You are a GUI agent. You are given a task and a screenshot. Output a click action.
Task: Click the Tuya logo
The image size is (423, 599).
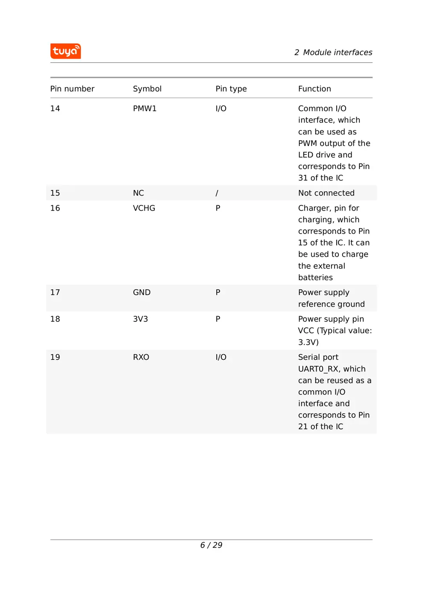[65, 51]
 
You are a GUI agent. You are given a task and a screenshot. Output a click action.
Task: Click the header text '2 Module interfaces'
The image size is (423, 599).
[333, 53]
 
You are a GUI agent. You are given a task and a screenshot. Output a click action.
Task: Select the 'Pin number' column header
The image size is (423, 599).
[72, 89]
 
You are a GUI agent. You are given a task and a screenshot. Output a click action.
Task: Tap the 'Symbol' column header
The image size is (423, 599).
[147, 89]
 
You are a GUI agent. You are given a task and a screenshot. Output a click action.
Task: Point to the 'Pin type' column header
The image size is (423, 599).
[231, 89]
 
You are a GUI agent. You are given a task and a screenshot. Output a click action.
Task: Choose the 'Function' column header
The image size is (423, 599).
[314, 89]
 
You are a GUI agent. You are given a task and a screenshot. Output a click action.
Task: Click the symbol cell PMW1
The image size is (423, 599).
[144, 109]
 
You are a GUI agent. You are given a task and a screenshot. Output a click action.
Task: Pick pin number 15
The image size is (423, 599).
[55, 193]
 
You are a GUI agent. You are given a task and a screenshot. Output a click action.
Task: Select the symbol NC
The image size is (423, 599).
[138, 193]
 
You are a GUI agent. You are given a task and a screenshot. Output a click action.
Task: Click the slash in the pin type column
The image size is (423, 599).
[217, 193]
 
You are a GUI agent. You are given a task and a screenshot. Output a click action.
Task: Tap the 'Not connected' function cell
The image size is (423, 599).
[326, 193]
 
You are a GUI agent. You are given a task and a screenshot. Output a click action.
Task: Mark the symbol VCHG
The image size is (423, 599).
[144, 208]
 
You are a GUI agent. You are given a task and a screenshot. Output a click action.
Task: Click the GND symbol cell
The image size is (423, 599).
[141, 293]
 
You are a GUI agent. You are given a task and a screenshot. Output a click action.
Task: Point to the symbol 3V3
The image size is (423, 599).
[140, 319]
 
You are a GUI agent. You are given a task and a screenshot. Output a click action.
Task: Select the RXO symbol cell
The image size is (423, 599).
[141, 357]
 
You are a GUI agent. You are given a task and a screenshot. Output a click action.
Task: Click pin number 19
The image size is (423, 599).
[55, 357]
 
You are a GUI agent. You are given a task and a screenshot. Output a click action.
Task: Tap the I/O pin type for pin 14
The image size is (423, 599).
[221, 109]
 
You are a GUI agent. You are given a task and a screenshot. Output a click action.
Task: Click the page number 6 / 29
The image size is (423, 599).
[211, 545]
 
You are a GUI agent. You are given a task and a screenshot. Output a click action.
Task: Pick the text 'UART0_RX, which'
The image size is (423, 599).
[332, 369]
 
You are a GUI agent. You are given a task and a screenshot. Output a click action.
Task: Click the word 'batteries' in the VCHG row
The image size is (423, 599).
[315, 278]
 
